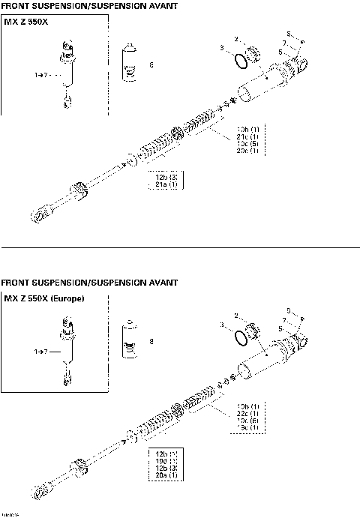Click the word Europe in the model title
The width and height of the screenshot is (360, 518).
point(65,299)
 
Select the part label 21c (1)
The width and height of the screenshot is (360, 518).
point(248,136)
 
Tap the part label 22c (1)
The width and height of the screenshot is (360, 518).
point(248,413)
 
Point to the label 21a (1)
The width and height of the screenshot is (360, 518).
point(166,184)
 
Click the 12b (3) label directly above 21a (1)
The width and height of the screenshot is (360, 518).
point(166,177)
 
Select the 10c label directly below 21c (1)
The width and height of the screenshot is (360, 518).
point(248,144)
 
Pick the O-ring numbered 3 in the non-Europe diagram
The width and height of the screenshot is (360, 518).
point(239,60)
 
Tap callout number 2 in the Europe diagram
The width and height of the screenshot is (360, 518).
point(236,316)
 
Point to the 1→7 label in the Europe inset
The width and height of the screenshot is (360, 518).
point(40,351)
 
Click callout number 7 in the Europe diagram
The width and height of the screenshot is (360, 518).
point(285,319)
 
